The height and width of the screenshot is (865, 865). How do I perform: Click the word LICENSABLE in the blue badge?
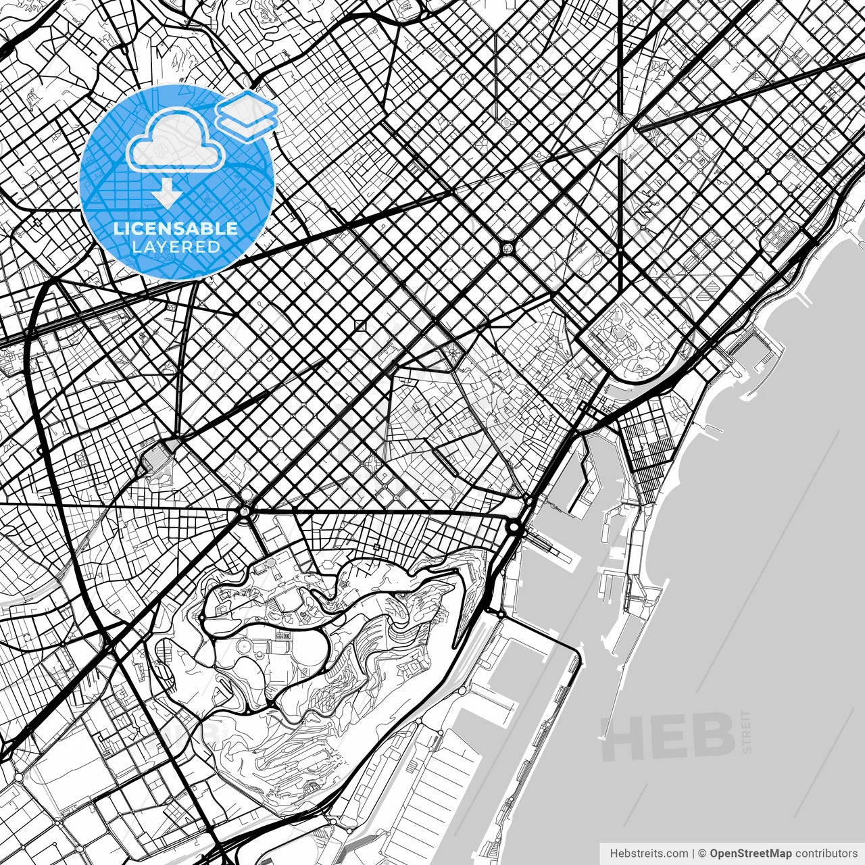pos(176,228)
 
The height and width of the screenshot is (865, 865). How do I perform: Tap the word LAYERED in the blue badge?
pos(176,247)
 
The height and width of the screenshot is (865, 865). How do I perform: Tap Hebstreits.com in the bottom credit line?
pos(649,854)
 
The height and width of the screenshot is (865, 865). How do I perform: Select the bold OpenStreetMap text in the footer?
pos(750,854)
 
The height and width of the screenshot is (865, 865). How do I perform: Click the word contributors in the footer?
pos(826,854)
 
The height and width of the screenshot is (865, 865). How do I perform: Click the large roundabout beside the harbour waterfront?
pos(514,527)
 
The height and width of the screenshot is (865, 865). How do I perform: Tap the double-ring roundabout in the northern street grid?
pos(507,249)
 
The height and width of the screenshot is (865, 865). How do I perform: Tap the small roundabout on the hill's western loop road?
pos(201,617)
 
